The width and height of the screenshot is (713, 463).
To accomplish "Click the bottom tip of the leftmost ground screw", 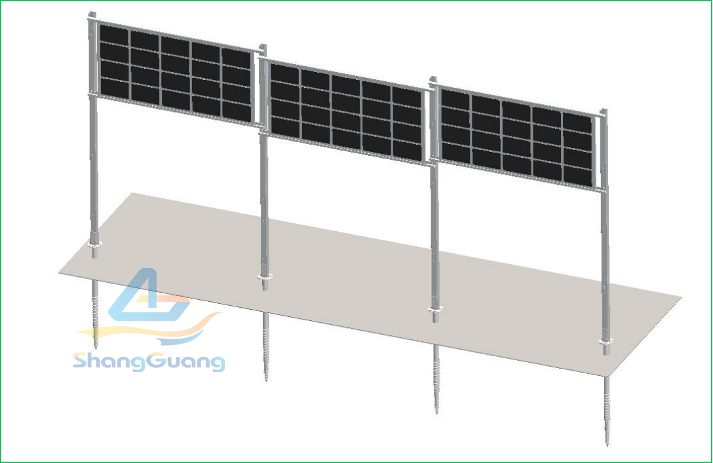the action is point(96,348).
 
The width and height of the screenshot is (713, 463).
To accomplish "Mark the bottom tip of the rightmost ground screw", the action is point(607,445).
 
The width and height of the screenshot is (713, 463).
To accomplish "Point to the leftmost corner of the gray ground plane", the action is point(59,273).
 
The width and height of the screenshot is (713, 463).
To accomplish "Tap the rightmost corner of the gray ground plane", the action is point(681,297).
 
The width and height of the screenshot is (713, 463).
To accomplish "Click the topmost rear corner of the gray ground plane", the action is point(132,193).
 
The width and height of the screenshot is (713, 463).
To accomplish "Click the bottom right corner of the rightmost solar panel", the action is point(592,186).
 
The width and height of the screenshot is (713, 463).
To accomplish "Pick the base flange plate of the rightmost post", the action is point(606,341).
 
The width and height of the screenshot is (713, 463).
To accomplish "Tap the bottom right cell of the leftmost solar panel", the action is point(237,111).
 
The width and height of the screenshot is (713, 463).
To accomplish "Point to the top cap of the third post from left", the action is point(433,81).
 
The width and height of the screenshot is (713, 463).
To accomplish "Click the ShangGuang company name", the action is point(149,362).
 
